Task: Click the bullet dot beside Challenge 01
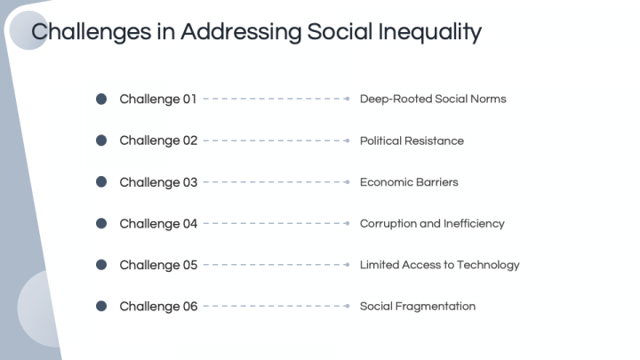[101, 99]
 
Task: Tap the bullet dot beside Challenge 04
[101, 223]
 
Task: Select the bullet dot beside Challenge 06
[101, 306]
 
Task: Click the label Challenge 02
[158, 140]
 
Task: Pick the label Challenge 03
[158, 182]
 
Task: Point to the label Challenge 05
[158, 265]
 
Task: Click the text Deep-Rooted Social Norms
[433, 99]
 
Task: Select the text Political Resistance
[412, 140]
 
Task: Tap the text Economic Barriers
[409, 182]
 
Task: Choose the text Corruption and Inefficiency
[432, 223]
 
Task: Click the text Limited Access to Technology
[439, 265]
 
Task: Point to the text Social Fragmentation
[418, 306]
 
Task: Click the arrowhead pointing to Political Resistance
[347, 140]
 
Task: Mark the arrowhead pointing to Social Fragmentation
[347, 306]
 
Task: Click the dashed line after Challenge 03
[274, 182]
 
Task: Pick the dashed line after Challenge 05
[274, 265]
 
